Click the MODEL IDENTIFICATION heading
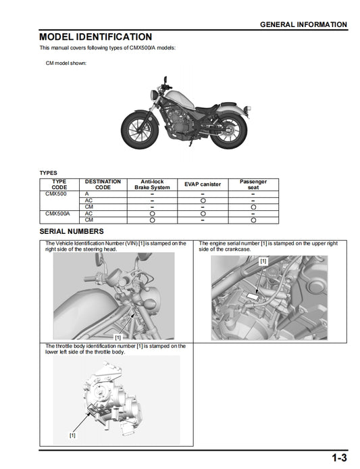click(95, 36)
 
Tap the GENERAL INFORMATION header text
click(303, 24)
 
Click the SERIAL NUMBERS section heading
click(72, 231)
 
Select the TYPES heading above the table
click(49, 172)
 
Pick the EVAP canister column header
click(203, 184)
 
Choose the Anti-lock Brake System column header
click(152, 184)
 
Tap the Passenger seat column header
click(253, 184)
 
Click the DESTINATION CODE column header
click(103, 184)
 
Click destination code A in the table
click(87, 194)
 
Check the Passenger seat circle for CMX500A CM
click(253, 220)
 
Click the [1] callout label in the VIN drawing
click(118, 336)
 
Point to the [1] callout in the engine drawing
click(263, 260)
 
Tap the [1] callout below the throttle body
click(72, 435)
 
